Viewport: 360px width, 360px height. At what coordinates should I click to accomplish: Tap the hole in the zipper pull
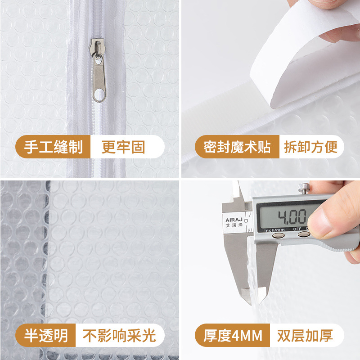(99, 94)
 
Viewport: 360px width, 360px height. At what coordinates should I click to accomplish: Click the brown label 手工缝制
(53, 147)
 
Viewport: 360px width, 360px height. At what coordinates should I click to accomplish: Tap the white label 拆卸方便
(310, 147)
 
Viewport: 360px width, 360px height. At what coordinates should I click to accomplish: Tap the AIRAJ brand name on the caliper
(232, 220)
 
